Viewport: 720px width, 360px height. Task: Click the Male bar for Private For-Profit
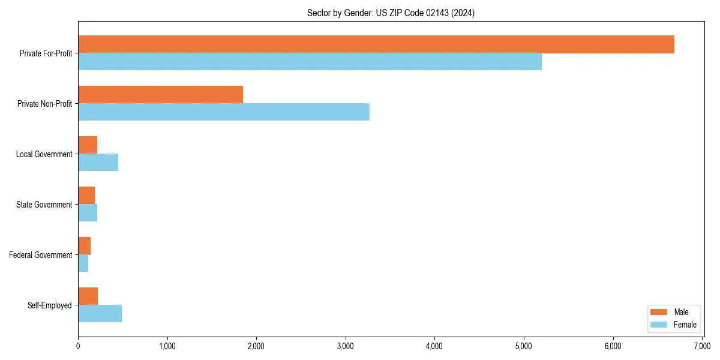[x=376, y=44]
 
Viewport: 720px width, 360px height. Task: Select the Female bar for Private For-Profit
[x=310, y=62]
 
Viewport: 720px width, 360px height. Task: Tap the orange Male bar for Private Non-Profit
[x=160, y=95]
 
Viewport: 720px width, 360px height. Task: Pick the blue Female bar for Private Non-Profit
[x=223, y=112]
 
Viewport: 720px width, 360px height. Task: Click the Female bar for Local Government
[x=98, y=163]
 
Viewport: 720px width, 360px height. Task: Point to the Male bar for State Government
[x=86, y=196]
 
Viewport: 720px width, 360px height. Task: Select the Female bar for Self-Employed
[x=100, y=314]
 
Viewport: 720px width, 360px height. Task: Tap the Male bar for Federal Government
[x=84, y=246]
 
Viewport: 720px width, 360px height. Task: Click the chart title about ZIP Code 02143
[x=391, y=13]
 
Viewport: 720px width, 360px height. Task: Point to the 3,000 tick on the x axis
[x=346, y=346]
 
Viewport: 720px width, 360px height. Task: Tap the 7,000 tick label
[x=702, y=346]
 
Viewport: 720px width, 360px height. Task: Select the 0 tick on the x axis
[x=78, y=346]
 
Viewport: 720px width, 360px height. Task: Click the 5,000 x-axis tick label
[x=524, y=346]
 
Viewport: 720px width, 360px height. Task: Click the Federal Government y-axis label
[x=41, y=255]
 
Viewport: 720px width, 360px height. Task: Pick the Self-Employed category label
[x=50, y=305]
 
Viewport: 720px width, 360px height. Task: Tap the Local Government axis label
[x=44, y=154]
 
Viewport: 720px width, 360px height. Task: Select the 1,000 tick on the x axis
[x=167, y=346]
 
